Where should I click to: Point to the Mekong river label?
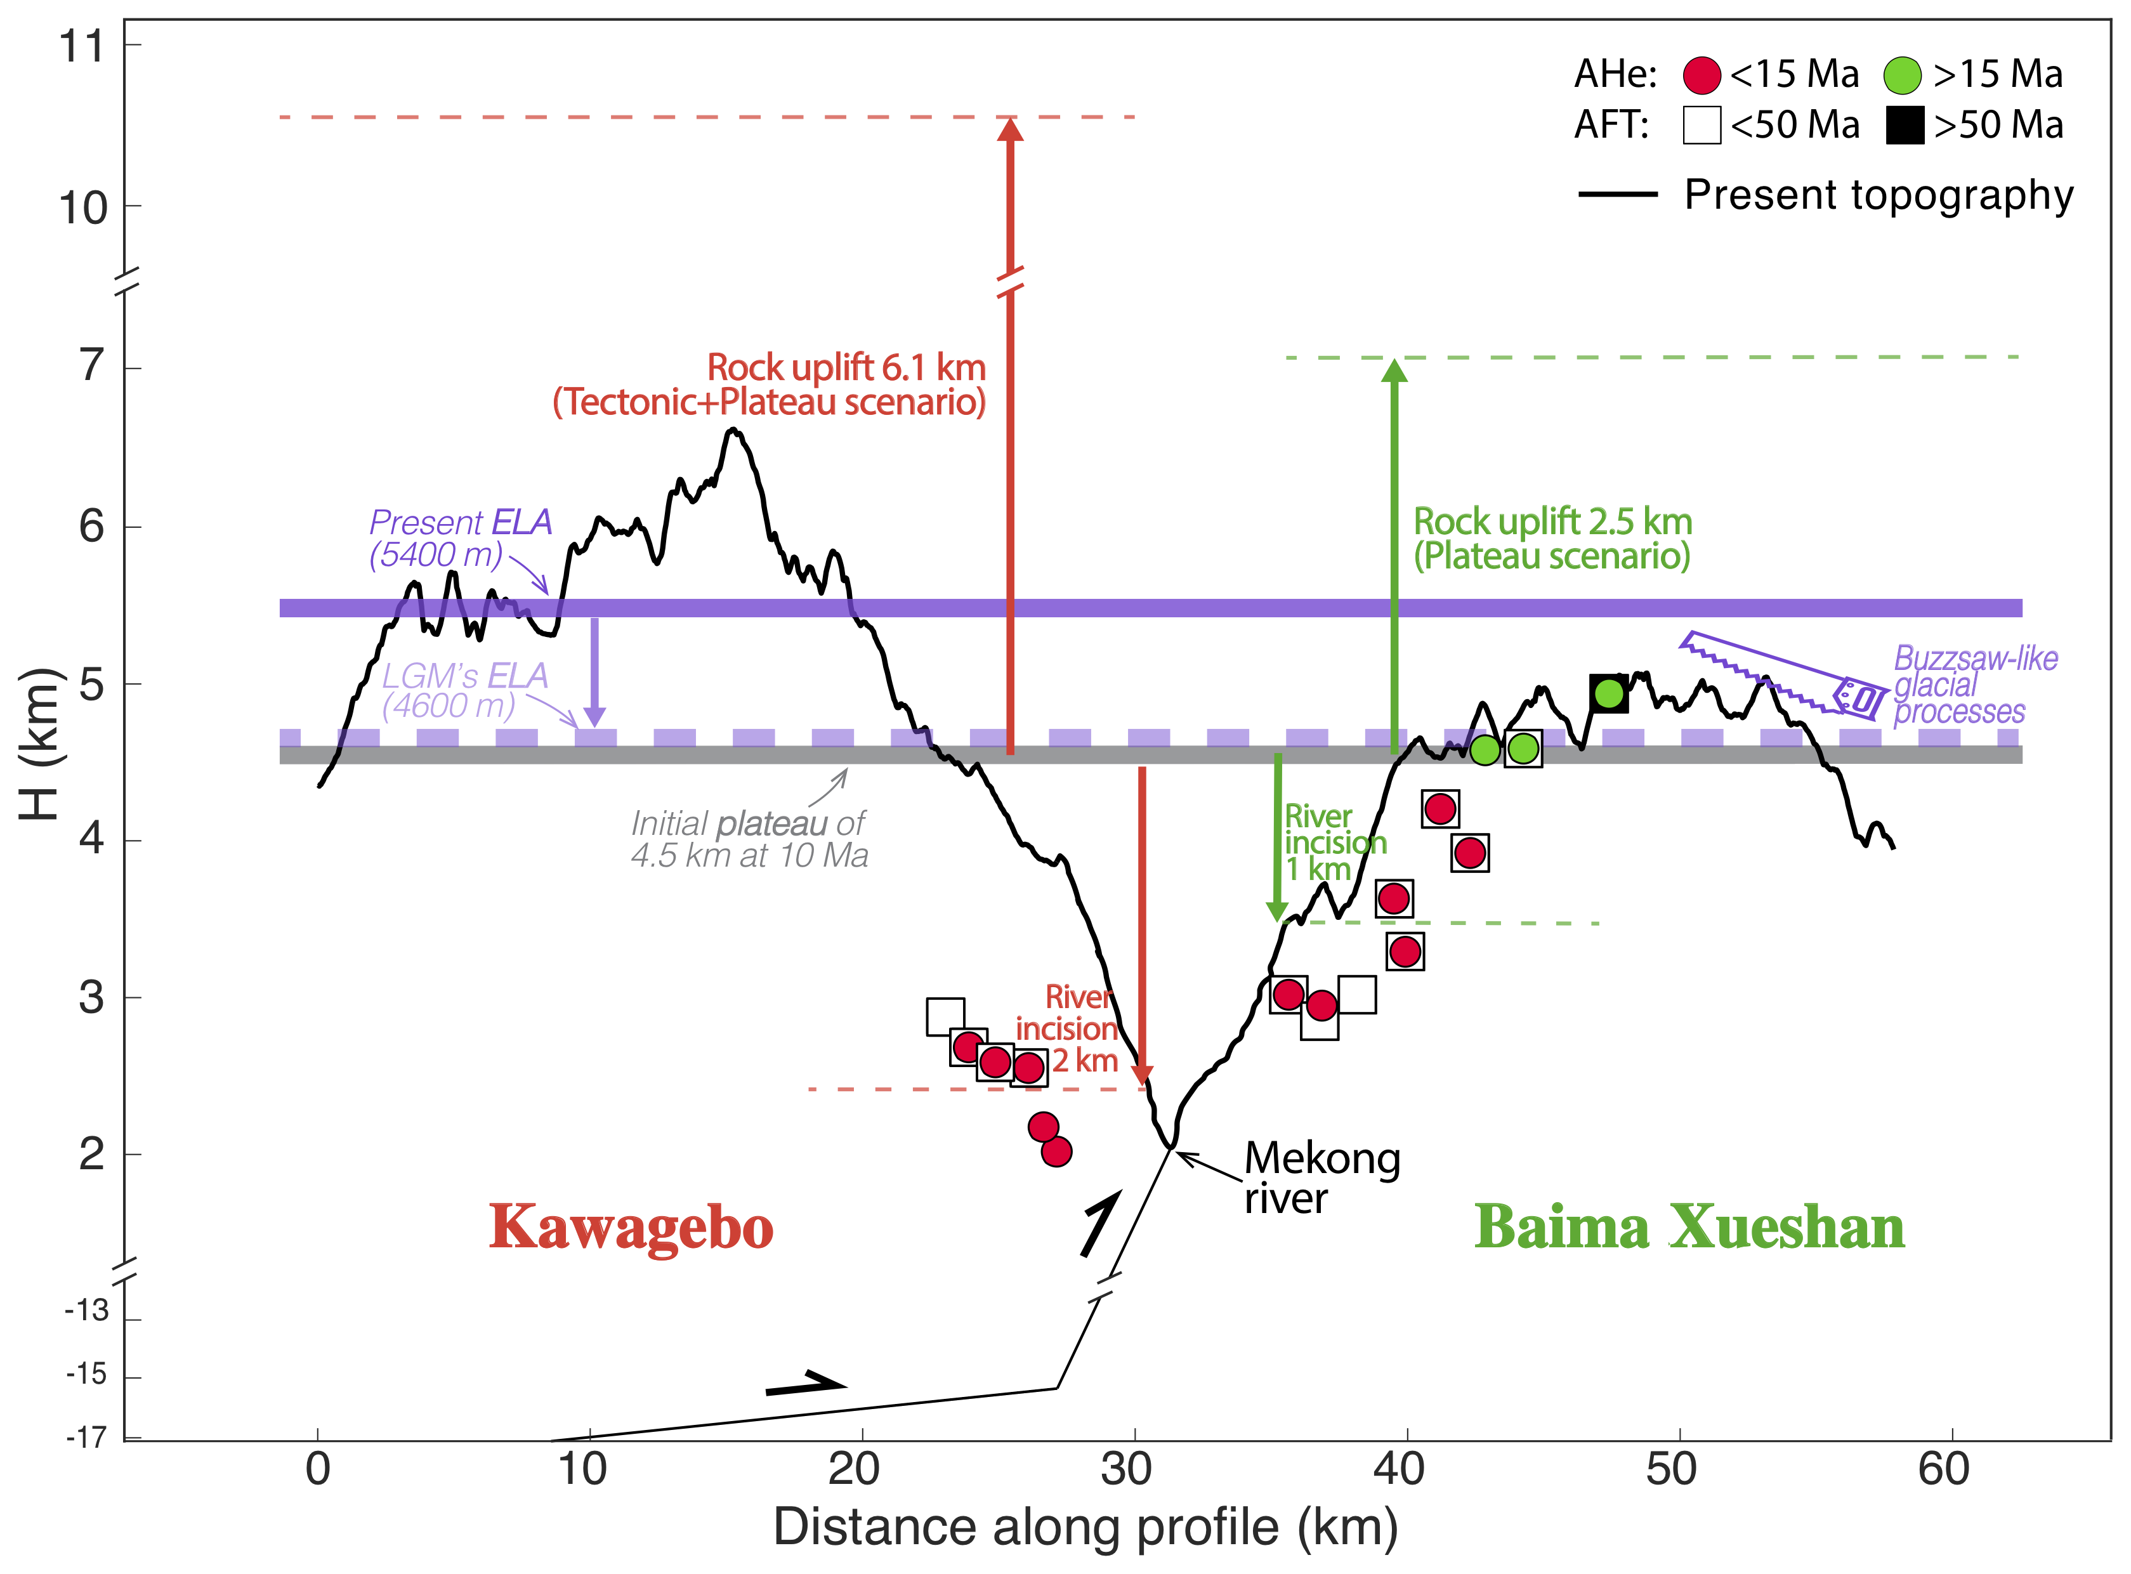point(1321,1177)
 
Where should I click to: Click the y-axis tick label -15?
point(87,1374)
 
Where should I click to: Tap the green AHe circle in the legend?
point(1903,75)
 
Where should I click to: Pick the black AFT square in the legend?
point(1905,125)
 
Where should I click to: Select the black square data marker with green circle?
point(1608,693)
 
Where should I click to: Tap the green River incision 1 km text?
point(1334,843)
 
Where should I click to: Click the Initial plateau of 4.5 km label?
point(749,839)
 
